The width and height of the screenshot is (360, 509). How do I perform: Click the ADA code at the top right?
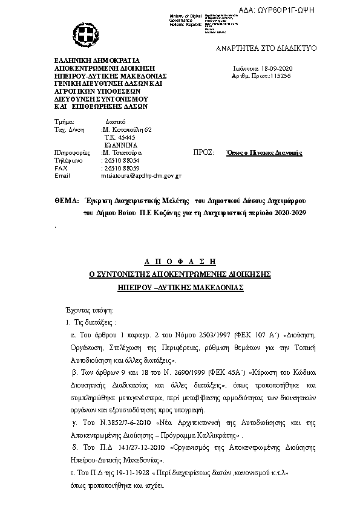[314, 11]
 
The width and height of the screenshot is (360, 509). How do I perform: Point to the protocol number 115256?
[280, 77]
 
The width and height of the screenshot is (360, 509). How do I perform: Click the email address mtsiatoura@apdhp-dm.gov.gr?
[142, 175]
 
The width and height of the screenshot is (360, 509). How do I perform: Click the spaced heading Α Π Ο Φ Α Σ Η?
[180, 262]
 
